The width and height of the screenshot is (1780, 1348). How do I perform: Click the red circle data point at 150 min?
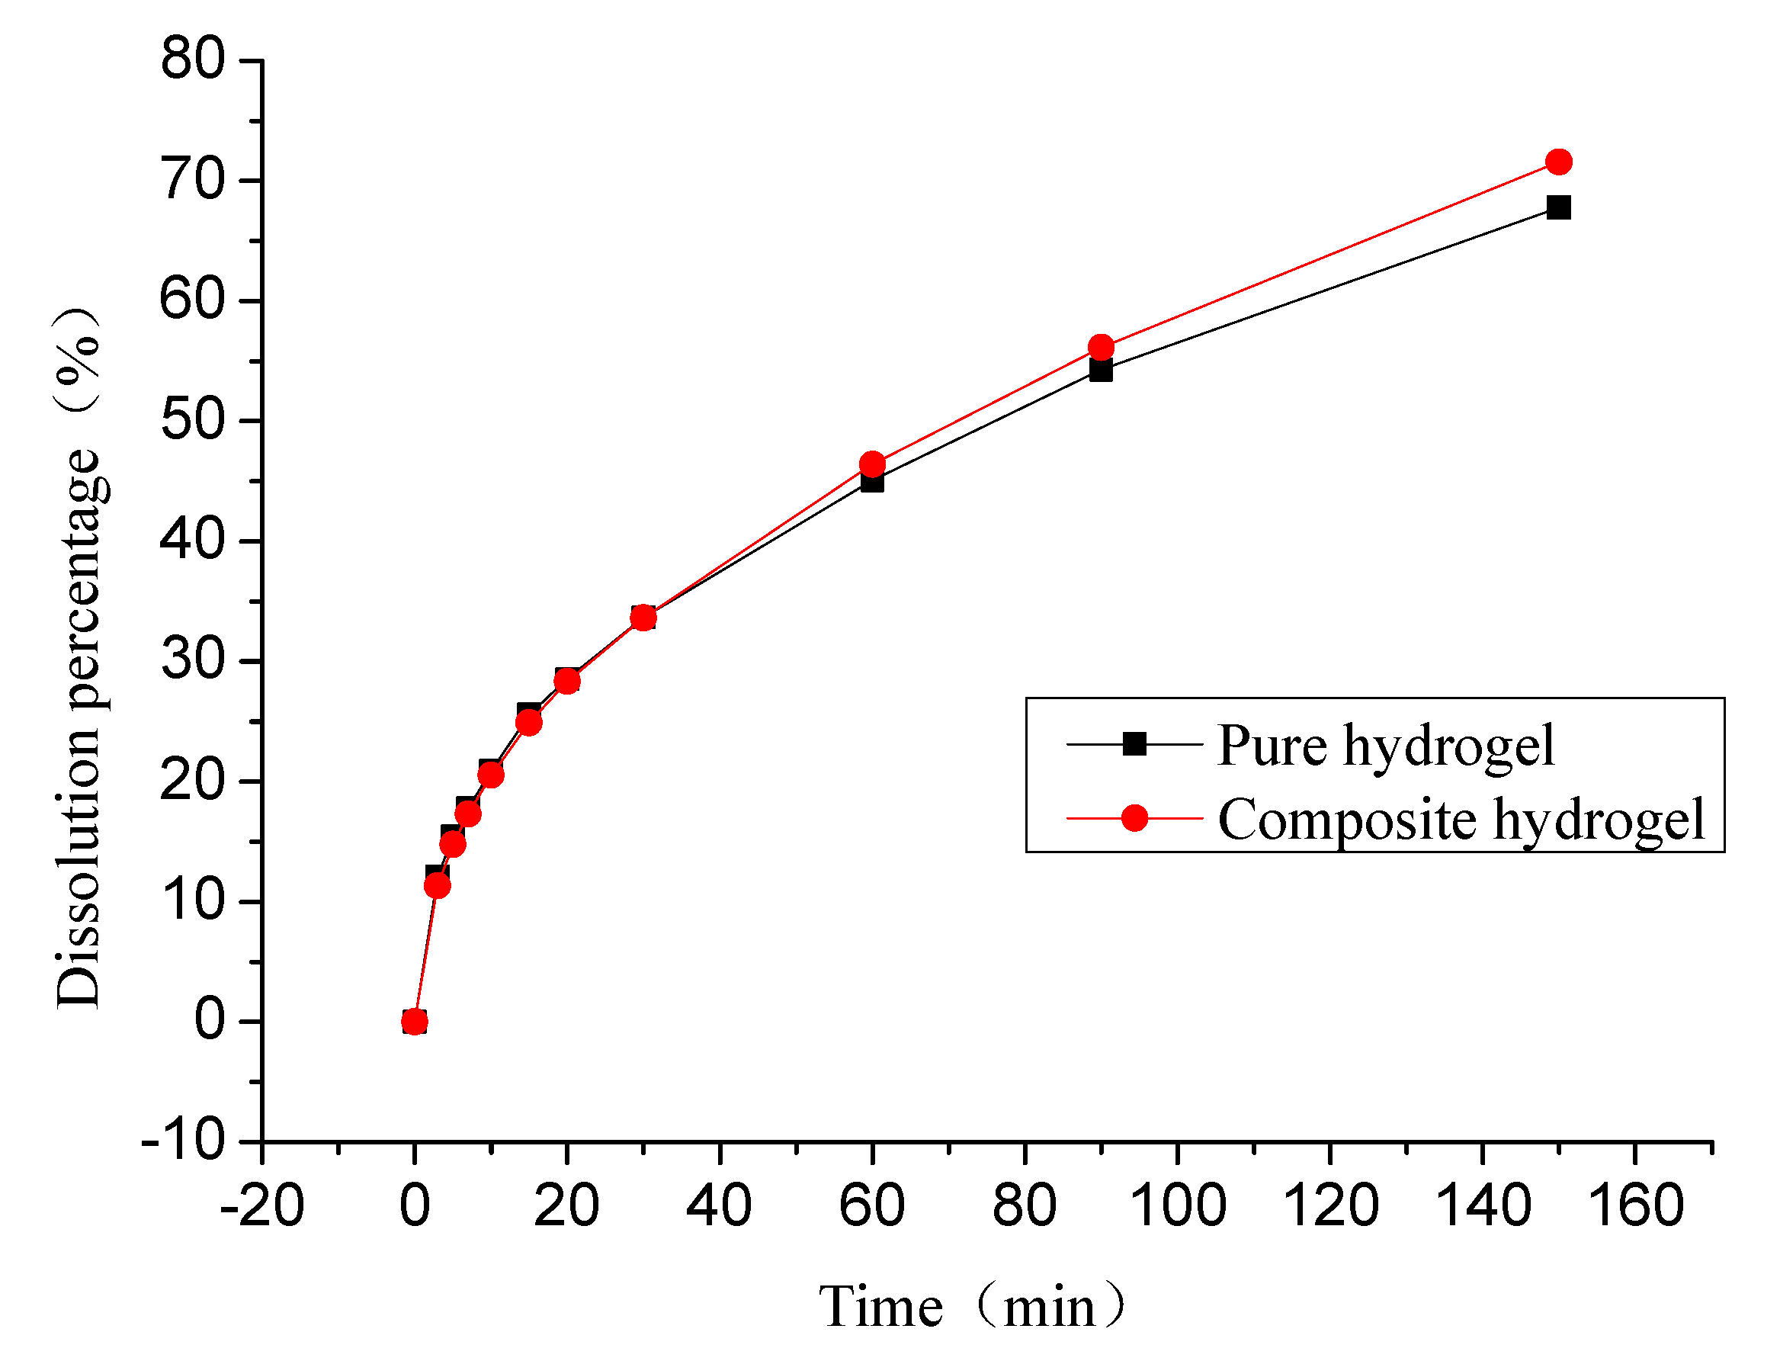point(1558,162)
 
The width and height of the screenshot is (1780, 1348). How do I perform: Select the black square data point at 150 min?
point(1558,207)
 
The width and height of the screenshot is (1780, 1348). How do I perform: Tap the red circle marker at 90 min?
point(1100,348)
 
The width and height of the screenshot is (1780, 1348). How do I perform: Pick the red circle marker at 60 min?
point(871,464)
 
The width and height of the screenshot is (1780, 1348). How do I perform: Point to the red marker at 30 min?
point(642,618)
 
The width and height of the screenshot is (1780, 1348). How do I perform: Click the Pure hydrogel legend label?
point(1385,745)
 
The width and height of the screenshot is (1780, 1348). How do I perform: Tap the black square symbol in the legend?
point(1134,743)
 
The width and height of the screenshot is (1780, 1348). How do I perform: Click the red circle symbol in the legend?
point(1134,818)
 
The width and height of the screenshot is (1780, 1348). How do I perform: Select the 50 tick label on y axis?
point(192,419)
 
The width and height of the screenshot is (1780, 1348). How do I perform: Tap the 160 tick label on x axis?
point(1635,1205)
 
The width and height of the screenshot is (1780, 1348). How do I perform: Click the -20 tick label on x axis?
point(261,1205)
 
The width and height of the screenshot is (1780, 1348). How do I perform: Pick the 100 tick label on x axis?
point(1177,1205)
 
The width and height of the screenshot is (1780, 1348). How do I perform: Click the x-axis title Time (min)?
point(970,1306)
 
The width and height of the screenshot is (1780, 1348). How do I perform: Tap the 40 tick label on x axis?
point(719,1205)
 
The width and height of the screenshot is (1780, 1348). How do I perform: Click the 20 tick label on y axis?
point(192,780)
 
